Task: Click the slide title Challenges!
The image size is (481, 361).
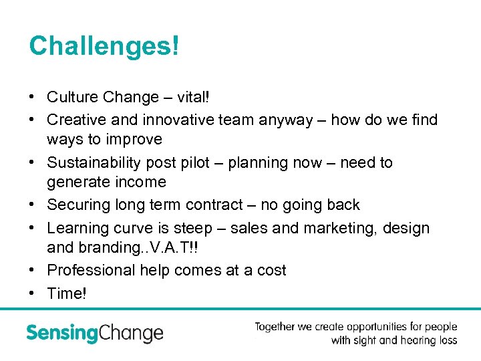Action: tap(104, 46)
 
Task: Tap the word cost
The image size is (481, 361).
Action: tap(271, 271)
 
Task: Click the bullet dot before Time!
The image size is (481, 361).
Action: tap(33, 293)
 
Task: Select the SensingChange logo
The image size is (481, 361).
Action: tap(94, 333)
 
